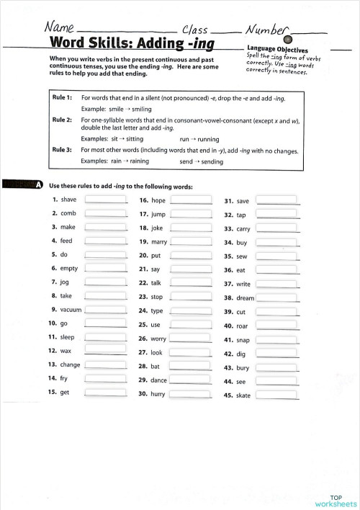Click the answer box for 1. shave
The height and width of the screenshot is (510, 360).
(x=105, y=200)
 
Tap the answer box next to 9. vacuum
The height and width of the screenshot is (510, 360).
(x=105, y=310)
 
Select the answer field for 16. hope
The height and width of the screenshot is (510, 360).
(x=191, y=201)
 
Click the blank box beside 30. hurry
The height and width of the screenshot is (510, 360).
(x=191, y=395)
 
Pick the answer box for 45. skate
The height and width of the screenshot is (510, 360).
(x=276, y=395)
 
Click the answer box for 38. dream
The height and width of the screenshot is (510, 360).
(x=276, y=297)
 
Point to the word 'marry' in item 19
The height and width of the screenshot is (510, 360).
(x=159, y=242)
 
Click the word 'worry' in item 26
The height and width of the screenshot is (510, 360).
(x=158, y=339)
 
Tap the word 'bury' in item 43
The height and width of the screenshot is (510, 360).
(x=243, y=368)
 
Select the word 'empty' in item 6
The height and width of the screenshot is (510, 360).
(x=69, y=269)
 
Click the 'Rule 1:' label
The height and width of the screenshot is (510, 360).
(x=62, y=97)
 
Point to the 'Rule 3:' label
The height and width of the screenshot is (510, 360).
(x=62, y=150)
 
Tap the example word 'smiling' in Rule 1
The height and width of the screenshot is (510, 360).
(x=142, y=109)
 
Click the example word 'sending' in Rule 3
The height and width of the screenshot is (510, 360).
(x=212, y=161)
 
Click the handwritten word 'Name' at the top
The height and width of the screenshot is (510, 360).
(x=60, y=27)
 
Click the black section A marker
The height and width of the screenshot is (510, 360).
(x=37, y=186)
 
